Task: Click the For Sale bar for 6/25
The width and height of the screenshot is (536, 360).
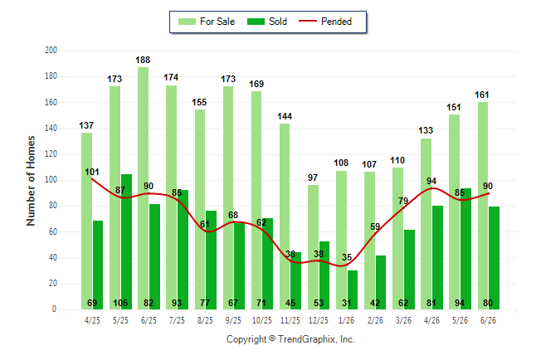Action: [144, 188]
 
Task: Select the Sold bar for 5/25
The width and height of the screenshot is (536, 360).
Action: [126, 242]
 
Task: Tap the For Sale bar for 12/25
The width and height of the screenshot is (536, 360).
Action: [313, 247]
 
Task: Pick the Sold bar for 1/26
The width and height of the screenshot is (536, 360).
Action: [353, 290]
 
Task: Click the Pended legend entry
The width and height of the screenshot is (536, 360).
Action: [325, 22]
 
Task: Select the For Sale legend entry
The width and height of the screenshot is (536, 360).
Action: [207, 22]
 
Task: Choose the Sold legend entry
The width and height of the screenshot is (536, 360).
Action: [267, 22]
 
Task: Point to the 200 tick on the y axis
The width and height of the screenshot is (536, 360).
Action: [51, 51]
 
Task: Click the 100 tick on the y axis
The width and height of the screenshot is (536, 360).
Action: [51, 180]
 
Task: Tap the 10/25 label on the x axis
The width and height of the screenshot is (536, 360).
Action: [262, 320]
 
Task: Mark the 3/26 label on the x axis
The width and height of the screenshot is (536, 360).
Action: [403, 320]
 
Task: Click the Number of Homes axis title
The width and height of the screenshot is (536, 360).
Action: [31, 181]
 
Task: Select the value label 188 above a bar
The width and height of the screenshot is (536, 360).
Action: [143, 60]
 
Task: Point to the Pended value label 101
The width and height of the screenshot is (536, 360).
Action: [92, 172]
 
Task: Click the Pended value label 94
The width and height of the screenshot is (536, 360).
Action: [431, 181]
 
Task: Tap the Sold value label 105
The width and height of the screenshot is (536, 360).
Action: [120, 303]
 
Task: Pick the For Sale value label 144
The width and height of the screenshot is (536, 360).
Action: [285, 116]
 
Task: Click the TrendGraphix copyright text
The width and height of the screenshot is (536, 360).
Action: [290, 339]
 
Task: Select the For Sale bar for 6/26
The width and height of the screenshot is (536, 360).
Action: [483, 206]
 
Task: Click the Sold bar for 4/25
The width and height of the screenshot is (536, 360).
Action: [98, 265]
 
